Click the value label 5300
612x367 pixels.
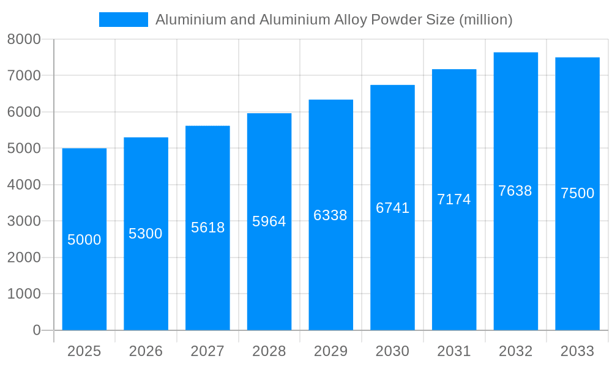146,234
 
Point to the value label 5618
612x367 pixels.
208,228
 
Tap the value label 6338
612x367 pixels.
330,215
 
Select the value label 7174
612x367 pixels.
454,199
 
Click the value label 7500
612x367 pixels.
578,193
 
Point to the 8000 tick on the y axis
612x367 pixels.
24,39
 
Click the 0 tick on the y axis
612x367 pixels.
36,330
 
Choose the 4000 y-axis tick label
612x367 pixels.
24,185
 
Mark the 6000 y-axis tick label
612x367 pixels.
24,112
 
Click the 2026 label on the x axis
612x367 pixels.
146,351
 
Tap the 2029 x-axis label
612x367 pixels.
330,351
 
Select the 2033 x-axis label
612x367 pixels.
578,351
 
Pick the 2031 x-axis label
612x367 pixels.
454,351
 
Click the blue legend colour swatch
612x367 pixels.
124,20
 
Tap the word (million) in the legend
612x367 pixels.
485,20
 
